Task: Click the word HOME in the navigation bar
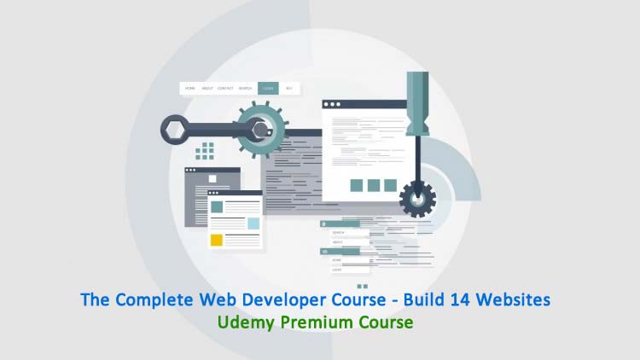pos(189,88)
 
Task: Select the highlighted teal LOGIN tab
pos(268,88)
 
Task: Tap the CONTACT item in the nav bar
pos(225,88)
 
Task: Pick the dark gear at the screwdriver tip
pos(417,198)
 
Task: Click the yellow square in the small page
pos(217,240)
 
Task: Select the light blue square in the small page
pos(253,223)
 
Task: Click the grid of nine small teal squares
pos(205,152)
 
